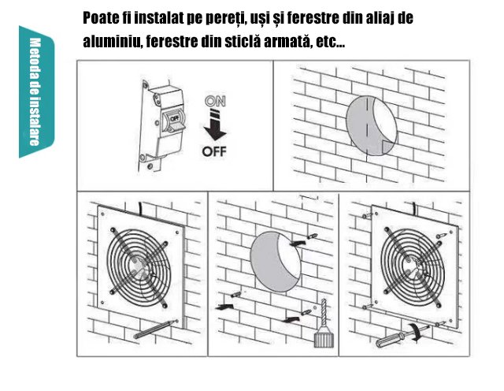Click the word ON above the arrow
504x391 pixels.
click(215, 101)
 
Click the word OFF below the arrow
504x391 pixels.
click(214, 151)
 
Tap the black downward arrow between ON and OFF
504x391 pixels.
click(215, 126)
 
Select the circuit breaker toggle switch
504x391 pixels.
click(174, 122)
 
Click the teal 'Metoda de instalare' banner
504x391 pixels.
click(36, 91)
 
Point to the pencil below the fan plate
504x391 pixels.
click(156, 330)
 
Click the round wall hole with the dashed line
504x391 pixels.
click(372, 125)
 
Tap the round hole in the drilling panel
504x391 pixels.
click(276, 262)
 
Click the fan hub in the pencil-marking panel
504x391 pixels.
click(139, 265)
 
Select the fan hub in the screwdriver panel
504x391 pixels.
click(412, 265)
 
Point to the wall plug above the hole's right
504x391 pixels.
click(313, 236)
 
